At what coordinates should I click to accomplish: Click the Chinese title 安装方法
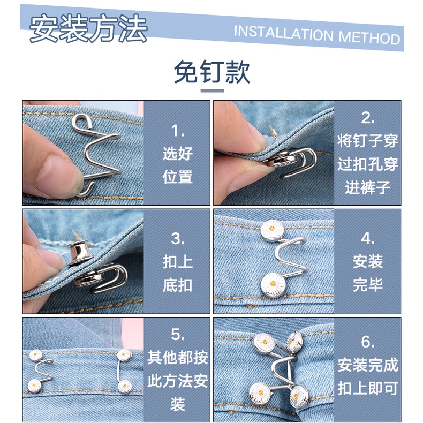coord(88,28)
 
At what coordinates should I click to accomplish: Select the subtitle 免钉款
coord(212,72)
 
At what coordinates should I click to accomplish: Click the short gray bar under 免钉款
coord(212,90)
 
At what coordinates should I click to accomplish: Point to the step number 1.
coord(178,131)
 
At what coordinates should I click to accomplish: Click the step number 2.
coord(368,118)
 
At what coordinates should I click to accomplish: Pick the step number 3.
coord(178,239)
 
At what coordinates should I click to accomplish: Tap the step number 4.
coord(368,238)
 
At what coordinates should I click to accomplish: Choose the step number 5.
coord(178,335)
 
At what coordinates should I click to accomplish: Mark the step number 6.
coord(368,342)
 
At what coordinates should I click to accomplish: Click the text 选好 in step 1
coord(178,154)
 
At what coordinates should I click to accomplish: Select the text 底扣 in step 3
coord(178,285)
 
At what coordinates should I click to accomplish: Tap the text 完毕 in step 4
coord(368,285)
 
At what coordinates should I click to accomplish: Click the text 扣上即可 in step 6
coord(368,388)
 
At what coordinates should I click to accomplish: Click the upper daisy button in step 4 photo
coord(272,230)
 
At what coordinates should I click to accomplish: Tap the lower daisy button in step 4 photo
coord(273,284)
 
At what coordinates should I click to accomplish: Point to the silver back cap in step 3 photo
coord(77,253)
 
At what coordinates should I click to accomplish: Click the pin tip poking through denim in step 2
coord(274,132)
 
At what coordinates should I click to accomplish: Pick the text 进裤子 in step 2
coord(368,187)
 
